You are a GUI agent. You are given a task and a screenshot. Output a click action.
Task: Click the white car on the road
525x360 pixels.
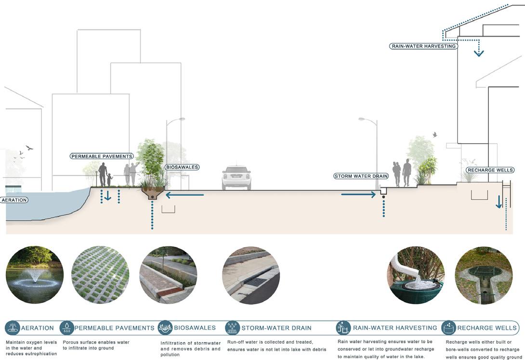pos(236,178)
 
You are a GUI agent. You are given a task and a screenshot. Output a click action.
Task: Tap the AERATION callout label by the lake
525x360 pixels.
pos(14,200)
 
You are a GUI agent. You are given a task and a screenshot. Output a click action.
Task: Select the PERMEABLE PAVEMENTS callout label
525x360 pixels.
pos(102,156)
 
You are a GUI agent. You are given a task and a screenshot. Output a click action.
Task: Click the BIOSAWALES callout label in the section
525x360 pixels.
pos(182,167)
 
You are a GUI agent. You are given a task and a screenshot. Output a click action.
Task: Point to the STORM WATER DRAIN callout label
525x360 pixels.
pos(361,176)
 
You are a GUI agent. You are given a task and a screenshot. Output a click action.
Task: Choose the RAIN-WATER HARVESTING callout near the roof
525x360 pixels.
pos(423,46)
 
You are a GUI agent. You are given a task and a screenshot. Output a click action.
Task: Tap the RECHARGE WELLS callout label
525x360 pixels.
pos(490,170)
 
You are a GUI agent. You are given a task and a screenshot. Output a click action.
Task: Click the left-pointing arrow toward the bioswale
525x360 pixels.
pos(184,195)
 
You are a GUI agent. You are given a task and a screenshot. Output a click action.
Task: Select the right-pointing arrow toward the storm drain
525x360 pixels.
pos(358,195)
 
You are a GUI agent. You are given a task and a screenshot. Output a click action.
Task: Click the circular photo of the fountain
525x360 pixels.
pos(34,275)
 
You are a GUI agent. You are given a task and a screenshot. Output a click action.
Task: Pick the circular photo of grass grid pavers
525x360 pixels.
pos(100,275)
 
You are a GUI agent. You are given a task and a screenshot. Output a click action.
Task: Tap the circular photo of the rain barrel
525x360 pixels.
pos(416,275)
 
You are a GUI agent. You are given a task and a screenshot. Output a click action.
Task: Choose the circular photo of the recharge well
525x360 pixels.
pos(484,275)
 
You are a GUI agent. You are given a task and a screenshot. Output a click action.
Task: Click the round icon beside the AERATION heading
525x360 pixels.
pos(12,328)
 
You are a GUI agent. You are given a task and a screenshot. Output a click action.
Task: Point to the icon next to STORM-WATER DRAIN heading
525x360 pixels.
pos(232,328)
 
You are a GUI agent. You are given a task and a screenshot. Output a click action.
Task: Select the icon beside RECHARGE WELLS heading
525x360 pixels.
pos(448,328)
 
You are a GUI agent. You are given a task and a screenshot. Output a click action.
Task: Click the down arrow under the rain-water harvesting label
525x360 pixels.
pos(478,52)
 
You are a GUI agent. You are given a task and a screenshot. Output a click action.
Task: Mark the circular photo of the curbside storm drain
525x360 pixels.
pos(251,275)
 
